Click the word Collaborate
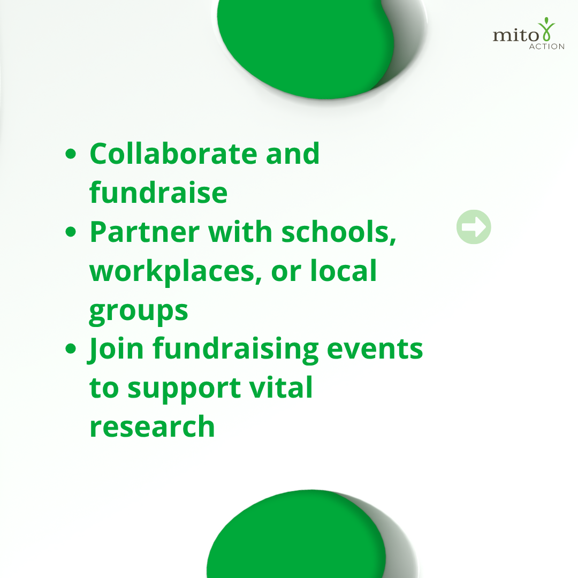click(x=173, y=154)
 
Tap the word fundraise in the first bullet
click(x=158, y=192)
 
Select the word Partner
click(x=144, y=232)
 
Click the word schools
click(x=338, y=232)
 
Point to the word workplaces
click(x=176, y=272)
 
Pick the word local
click(x=343, y=270)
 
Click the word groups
click(x=139, y=312)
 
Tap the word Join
click(x=116, y=349)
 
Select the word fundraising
click(x=235, y=349)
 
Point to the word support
click(x=184, y=389)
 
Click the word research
click(x=152, y=427)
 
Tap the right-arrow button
click(x=474, y=227)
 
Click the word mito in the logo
click(x=516, y=35)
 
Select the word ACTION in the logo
click(x=546, y=47)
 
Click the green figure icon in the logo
click(x=546, y=29)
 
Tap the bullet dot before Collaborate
click(x=71, y=154)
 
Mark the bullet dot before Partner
click(x=71, y=232)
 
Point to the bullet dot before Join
click(x=71, y=348)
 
